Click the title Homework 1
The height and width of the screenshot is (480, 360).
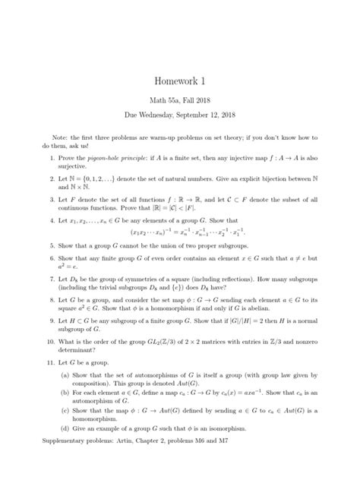point(179,81)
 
